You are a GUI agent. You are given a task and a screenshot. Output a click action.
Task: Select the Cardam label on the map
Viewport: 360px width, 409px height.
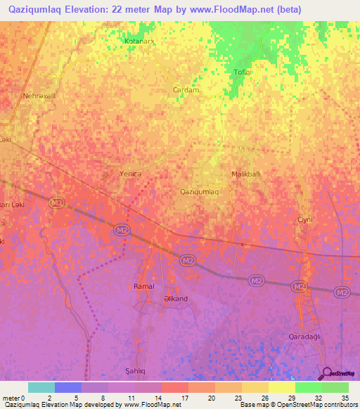pyautogui.click(x=186, y=90)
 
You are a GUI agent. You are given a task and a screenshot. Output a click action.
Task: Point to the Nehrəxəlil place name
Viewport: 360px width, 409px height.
pyautogui.click(x=39, y=96)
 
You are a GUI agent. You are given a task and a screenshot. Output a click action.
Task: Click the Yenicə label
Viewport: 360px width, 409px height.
pyautogui.click(x=131, y=174)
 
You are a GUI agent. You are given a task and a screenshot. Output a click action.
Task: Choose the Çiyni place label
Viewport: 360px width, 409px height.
pyautogui.click(x=304, y=219)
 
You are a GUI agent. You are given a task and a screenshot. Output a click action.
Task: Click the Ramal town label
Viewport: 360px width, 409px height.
pyautogui.click(x=143, y=286)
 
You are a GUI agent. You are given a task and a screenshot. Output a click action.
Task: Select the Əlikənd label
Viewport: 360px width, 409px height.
pyautogui.click(x=175, y=298)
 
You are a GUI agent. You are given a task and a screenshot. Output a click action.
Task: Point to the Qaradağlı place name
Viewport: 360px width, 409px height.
pyautogui.click(x=305, y=337)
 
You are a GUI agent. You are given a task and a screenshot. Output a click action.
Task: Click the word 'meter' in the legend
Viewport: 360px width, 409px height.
pyautogui.click(x=13, y=398)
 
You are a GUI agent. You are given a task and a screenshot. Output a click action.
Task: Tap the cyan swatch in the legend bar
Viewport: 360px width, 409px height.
pyautogui.click(x=41, y=387)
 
